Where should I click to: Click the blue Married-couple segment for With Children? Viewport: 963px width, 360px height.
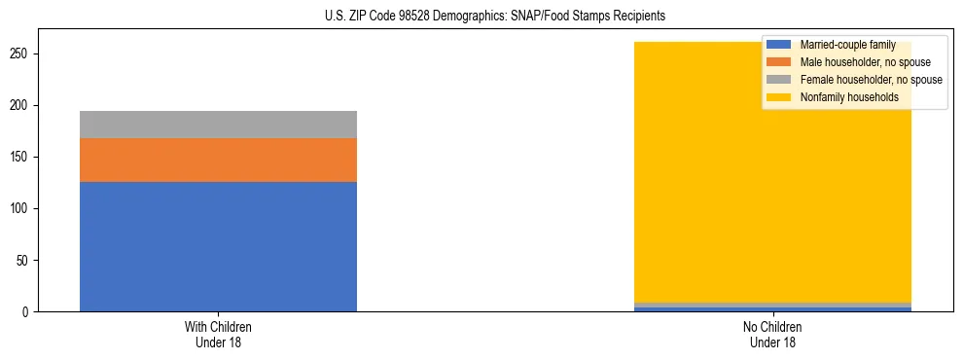(x=218, y=246)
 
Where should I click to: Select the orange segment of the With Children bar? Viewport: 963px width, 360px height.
(x=218, y=160)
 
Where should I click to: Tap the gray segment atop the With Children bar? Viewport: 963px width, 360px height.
(x=218, y=125)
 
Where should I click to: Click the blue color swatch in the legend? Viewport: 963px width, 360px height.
(x=778, y=45)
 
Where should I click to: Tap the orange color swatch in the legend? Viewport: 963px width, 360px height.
(x=778, y=62)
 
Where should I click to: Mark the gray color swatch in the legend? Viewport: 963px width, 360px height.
(x=778, y=80)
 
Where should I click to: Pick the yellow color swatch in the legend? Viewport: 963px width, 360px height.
(x=778, y=97)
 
